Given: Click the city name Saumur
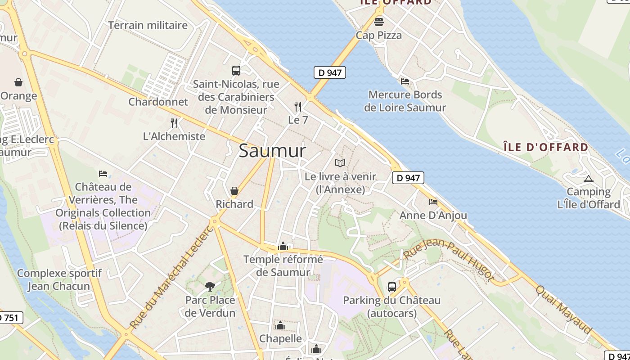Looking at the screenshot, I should coord(272,151).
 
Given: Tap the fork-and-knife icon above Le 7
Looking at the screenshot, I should coord(297,107).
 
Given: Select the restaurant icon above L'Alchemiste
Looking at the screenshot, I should coord(174,123).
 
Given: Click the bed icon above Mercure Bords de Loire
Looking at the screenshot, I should coord(405,81).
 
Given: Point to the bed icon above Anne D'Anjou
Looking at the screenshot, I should coord(433,202).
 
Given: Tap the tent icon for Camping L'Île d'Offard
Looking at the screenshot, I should coord(588,179).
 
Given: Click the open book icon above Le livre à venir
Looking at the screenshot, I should coord(340,163).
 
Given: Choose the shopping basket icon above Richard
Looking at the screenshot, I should coord(234,191).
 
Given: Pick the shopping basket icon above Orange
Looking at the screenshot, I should coord(18,82).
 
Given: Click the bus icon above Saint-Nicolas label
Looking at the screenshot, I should coord(236,70).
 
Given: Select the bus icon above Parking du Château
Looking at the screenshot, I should coord(391,287).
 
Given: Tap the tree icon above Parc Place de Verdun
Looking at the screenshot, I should coord(210,286).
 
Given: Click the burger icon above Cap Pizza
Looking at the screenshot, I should coord(378,22).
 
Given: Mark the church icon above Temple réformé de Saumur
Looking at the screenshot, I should coord(283,246).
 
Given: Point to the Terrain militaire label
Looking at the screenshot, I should coord(148,25).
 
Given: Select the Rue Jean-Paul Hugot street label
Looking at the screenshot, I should coord(449,261).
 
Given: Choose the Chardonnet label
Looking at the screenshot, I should coord(158,102).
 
